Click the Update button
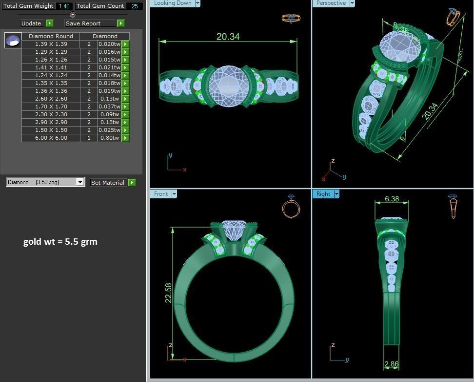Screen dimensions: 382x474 (31, 23)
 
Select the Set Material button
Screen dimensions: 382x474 (107, 183)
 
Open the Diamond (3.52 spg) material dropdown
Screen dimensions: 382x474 (80, 182)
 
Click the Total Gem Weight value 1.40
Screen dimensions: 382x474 (64, 6)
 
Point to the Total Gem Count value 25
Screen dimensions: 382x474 (134, 6)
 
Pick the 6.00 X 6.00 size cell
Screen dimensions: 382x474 (51, 138)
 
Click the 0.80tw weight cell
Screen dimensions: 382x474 (109, 138)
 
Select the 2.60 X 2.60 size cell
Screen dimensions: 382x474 (51, 99)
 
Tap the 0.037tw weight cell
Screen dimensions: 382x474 (109, 106)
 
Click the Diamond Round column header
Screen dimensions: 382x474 (51, 36)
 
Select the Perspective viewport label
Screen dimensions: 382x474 (331, 3)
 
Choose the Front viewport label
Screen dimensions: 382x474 (161, 194)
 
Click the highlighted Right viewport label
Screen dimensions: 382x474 (323, 194)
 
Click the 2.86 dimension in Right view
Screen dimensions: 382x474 (392, 364)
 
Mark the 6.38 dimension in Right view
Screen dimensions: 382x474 (392, 199)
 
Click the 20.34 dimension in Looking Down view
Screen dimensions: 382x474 (228, 37)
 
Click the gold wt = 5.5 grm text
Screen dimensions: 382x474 (60, 242)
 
